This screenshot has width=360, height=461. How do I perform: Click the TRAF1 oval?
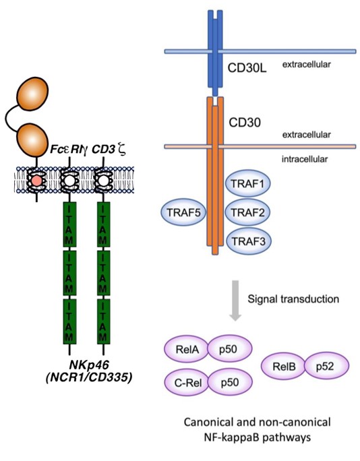pyautogui.click(x=246, y=184)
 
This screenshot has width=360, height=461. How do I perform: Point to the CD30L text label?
pyautogui.click(x=246, y=67)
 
